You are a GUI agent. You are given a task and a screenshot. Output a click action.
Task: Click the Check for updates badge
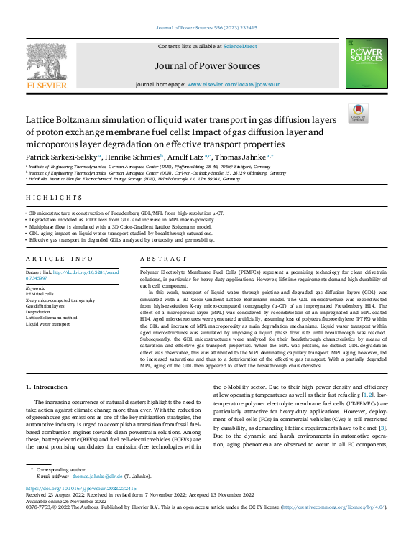pos(357,113)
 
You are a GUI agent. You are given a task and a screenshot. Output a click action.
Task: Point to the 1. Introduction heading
pos(46,387)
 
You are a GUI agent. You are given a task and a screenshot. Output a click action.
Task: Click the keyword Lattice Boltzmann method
pos(51,317)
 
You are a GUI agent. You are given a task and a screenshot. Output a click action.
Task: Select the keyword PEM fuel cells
pos(40,294)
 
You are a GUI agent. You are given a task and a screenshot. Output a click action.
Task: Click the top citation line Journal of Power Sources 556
pos(207,28)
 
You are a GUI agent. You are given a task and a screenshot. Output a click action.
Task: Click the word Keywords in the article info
pos(35,287)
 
